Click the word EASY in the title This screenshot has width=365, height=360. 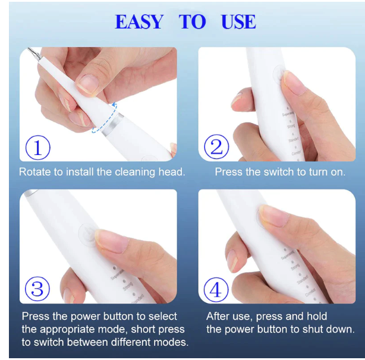pyautogui.click(x=139, y=22)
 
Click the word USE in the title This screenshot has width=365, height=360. pyautogui.click(x=238, y=22)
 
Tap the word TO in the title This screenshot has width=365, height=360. pyautogui.click(x=192, y=22)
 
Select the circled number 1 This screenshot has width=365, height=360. pyautogui.click(x=38, y=147)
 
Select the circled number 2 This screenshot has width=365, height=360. pyautogui.click(x=216, y=147)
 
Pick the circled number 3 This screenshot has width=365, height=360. pyautogui.click(x=37, y=289)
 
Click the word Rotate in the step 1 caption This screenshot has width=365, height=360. pyautogui.click(x=34, y=172)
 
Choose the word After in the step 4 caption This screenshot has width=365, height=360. pyautogui.click(x=219, y=316)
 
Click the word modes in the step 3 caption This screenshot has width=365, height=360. pyautogui.click(x=173, y=342)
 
